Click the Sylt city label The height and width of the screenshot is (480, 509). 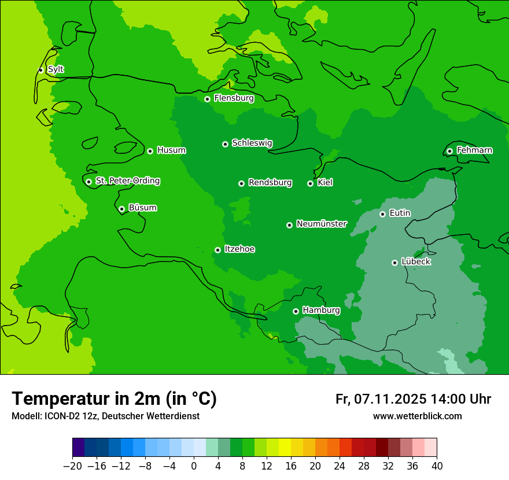(56, 69)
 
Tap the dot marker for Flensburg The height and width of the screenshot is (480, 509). (207, 99)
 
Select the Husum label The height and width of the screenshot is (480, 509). (171, 150)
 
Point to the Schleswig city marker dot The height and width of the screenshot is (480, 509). (225, 144)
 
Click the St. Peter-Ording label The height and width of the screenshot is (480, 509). (127, 181)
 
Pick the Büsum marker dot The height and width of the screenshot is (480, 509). (121, 209)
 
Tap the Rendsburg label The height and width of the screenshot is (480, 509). (270, 183)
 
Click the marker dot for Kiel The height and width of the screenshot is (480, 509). (310, 183)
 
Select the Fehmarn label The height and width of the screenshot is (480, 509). (474, 150)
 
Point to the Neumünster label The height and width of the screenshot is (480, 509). (322, 224)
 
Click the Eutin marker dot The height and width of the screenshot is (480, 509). (382, 214)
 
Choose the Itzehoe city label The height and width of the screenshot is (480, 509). (239, 249)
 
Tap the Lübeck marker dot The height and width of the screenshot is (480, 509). (394, 263)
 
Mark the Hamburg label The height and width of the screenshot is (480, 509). (321, 311)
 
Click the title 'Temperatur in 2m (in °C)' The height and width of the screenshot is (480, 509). (114, 398)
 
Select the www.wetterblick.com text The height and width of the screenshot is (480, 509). (417, 416)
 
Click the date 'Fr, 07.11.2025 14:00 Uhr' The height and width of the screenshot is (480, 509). (413, 399)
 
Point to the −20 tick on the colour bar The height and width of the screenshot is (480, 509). (73, 466)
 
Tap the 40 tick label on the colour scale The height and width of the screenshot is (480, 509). (437, 466)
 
